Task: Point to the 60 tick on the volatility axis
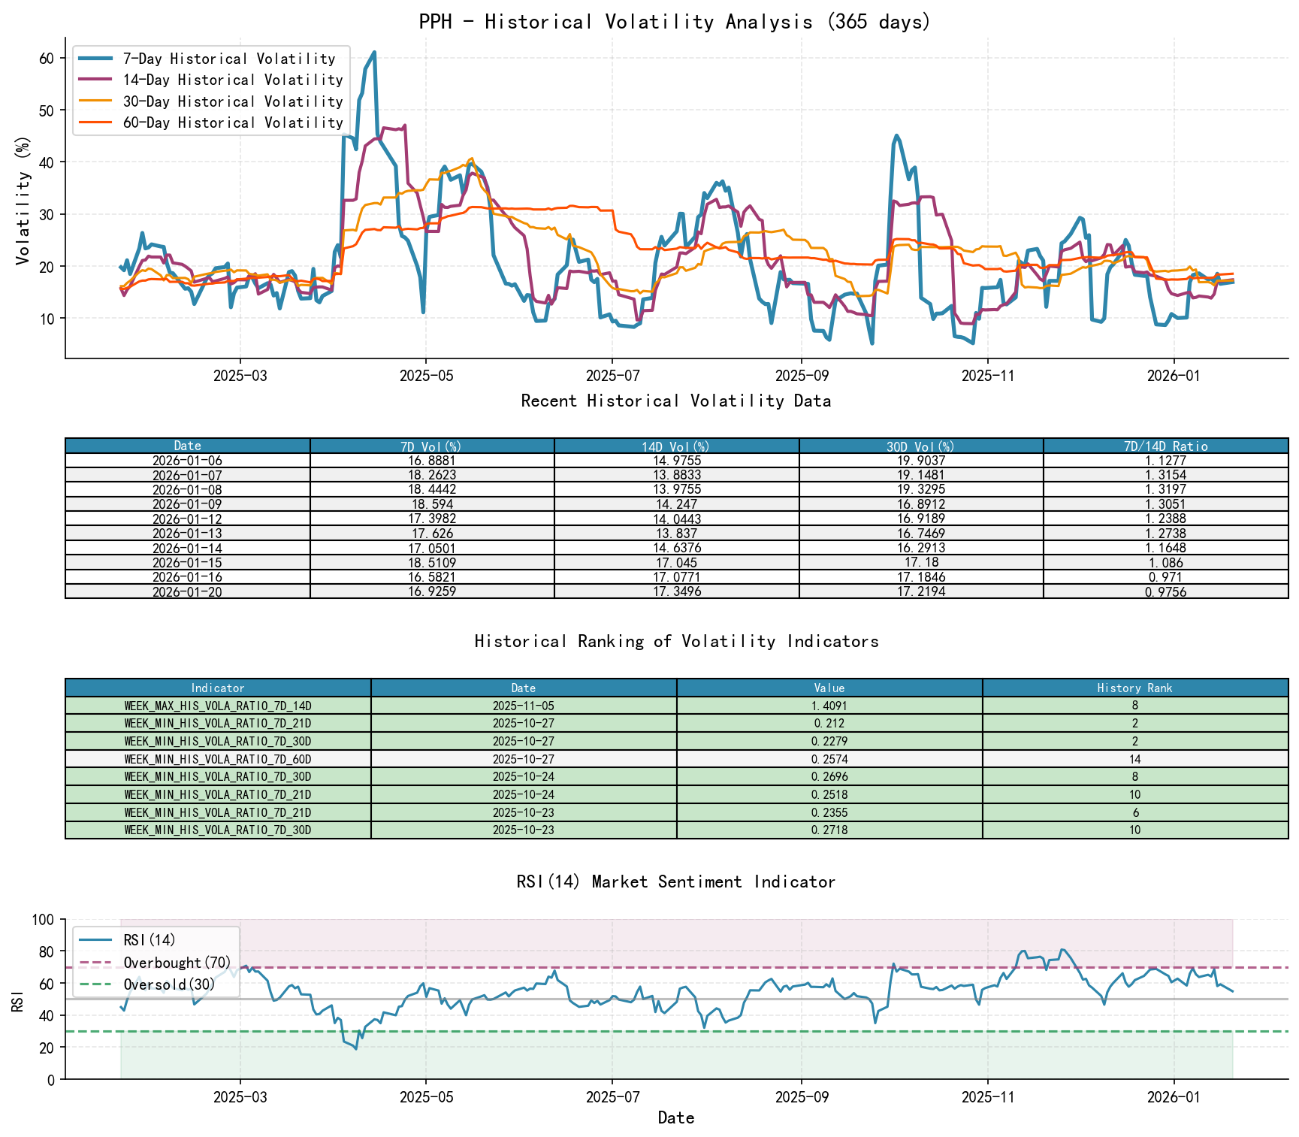tap(47, 59)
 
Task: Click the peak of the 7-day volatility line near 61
tap(374, 53)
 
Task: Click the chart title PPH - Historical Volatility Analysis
tap(675, 22)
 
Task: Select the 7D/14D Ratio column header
tap(1165, 446)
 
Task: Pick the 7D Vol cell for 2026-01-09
tap(432, 504)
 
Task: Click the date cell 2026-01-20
tap(187, 592)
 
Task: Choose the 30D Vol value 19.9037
tap(920, 461)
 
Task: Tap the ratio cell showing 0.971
tap(1165, 577)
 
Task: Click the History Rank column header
tap(1134, 688)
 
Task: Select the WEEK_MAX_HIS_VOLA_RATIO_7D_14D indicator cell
tap(218, 706)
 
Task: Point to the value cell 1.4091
tap(829, 706)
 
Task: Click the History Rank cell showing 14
tap(1134, 759)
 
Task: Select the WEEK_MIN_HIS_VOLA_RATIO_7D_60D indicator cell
tap(218, 759)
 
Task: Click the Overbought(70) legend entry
tap(177, 963)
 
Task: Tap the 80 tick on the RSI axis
tap(47, 951)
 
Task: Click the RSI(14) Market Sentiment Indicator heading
tap(675, 881)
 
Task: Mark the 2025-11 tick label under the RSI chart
tap(987, 1097)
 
